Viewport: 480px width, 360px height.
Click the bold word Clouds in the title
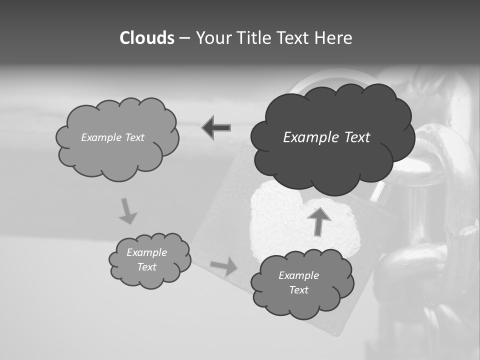coord(146,38)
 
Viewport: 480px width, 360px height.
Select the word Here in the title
coord(334,38)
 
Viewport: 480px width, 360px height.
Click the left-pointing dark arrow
coord(216,128)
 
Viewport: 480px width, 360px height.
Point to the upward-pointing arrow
coord(319,221)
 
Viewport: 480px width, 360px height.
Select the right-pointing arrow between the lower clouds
coord(224,266)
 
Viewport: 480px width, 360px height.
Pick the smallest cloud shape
coord(149,260)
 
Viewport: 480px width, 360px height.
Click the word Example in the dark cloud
coord(308,137)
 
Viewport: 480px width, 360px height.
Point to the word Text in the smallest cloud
coord(147,267)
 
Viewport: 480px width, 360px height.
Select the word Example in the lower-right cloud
coord(298,275)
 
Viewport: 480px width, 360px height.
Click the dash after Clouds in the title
coord(184,38)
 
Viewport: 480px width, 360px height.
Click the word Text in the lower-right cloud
coord(298,290)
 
